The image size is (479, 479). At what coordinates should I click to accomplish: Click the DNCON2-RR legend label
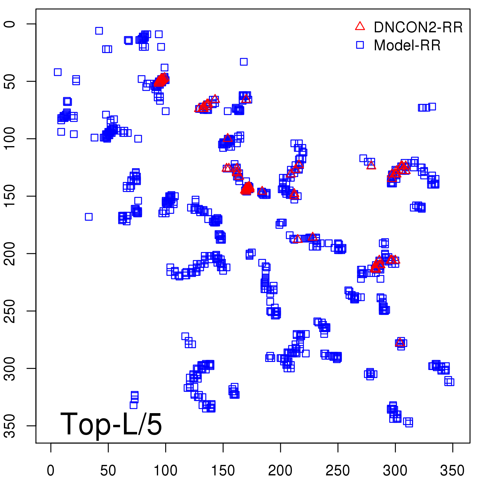tap(418, 28)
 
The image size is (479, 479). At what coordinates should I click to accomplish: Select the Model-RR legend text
tap(407, 46)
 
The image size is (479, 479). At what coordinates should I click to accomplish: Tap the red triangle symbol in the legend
tap(360, 26)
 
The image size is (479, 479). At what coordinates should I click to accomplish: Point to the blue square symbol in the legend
tap(360, 45)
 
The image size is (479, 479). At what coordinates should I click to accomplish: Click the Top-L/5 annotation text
tap(111, 424)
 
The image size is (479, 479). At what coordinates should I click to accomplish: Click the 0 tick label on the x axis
tap(51, 471)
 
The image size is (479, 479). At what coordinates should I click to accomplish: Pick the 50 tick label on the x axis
tap(108, 471)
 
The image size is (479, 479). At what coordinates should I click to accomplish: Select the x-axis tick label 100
tap(166, 471)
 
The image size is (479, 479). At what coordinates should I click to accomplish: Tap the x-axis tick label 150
tap(223, 471)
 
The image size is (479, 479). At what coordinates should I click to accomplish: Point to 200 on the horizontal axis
tap(281, 471)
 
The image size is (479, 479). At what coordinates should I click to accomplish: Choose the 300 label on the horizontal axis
tap(395, 471)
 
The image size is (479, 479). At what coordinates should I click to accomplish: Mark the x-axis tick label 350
tap(452, 471)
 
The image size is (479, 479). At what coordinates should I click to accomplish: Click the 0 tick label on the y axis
tap(10, 24)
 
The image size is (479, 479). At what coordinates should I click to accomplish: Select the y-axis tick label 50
tap(10, 81)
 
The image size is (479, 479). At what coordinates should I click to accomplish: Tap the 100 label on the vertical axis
tap(10, 139)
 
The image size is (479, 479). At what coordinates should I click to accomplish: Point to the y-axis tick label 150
tap(10, 196)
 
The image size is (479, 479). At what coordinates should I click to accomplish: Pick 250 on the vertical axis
tap(10, 311)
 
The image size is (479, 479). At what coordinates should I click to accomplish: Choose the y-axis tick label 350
tap(10, 426)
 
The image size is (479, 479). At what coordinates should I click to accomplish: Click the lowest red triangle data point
tap(400, 342)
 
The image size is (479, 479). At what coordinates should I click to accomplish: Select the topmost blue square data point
tap(99, 31)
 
